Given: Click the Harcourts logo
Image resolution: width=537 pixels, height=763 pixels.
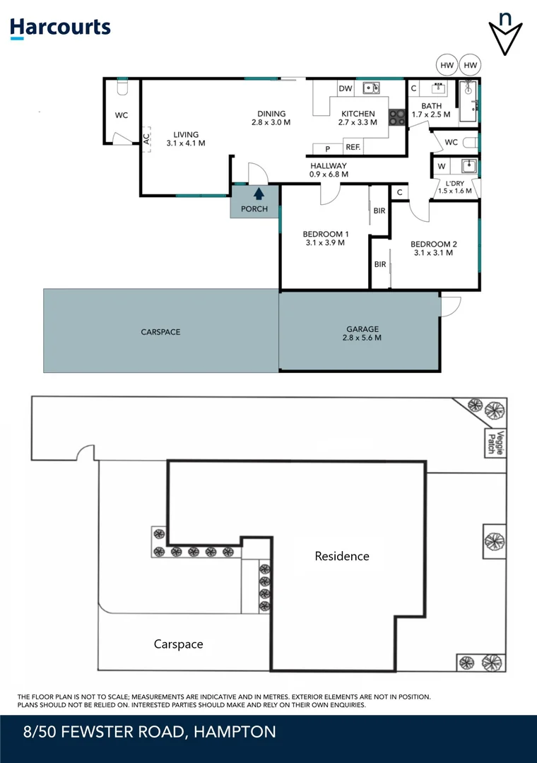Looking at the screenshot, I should click(60, 28).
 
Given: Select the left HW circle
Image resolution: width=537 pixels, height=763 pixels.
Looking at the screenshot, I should click(447, 66).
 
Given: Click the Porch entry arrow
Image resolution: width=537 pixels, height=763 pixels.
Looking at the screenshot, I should click(259, 193).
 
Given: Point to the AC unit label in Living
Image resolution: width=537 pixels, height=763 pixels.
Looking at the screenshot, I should click(146, 139).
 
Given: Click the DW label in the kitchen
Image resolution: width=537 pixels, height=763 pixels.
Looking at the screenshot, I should click(345, 88).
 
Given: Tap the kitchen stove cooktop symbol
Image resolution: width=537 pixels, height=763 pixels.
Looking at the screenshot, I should click(397, 118).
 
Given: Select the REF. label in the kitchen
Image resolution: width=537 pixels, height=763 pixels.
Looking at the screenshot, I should click(353, 148).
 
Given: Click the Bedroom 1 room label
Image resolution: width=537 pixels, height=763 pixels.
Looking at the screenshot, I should click(325, 235).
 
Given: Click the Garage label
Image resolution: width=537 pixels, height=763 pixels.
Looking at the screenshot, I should click(362, 329).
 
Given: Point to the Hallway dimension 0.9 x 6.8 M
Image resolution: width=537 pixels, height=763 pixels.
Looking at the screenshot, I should click(329, 175).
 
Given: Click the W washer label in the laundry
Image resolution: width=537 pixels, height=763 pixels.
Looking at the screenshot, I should click(442, 167).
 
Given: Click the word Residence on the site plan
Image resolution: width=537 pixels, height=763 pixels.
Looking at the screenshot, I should click(342, 556).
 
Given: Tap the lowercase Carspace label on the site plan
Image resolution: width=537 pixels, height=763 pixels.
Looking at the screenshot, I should click(178, 644).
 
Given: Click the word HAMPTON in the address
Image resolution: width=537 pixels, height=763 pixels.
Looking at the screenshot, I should click(235, 732).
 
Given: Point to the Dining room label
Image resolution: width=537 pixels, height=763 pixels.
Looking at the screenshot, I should click(271, 114).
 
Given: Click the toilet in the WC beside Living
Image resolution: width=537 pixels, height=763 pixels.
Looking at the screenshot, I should click(121, 88).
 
